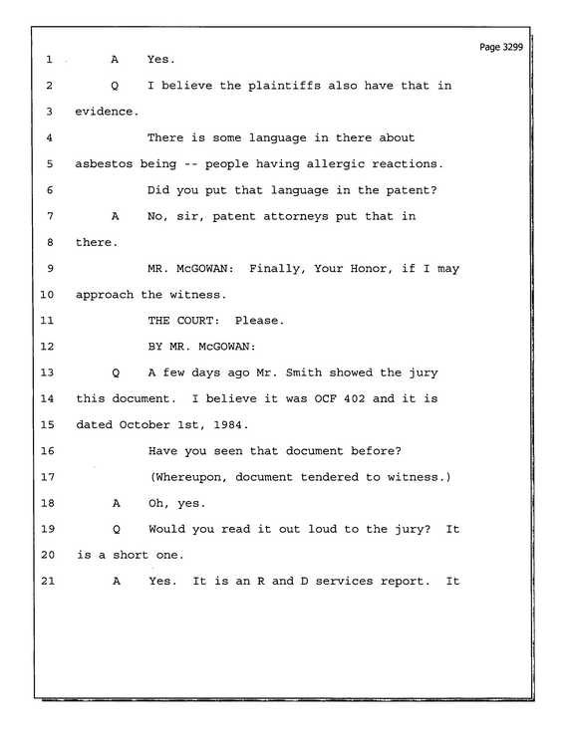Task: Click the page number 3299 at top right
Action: click(x=512, y=47)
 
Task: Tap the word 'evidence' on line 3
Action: click(x=105, y=112)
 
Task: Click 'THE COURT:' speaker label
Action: click(x=183, y=321)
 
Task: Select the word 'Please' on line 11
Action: click(x=256, y=321)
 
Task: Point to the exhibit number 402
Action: click(x=354, y=398)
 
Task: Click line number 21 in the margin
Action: click(x=48, y=581)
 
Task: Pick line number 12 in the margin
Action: click(x=47, y=347)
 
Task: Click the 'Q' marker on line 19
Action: click(x=117, y=529)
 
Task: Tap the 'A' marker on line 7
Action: click(x=115, y=216)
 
